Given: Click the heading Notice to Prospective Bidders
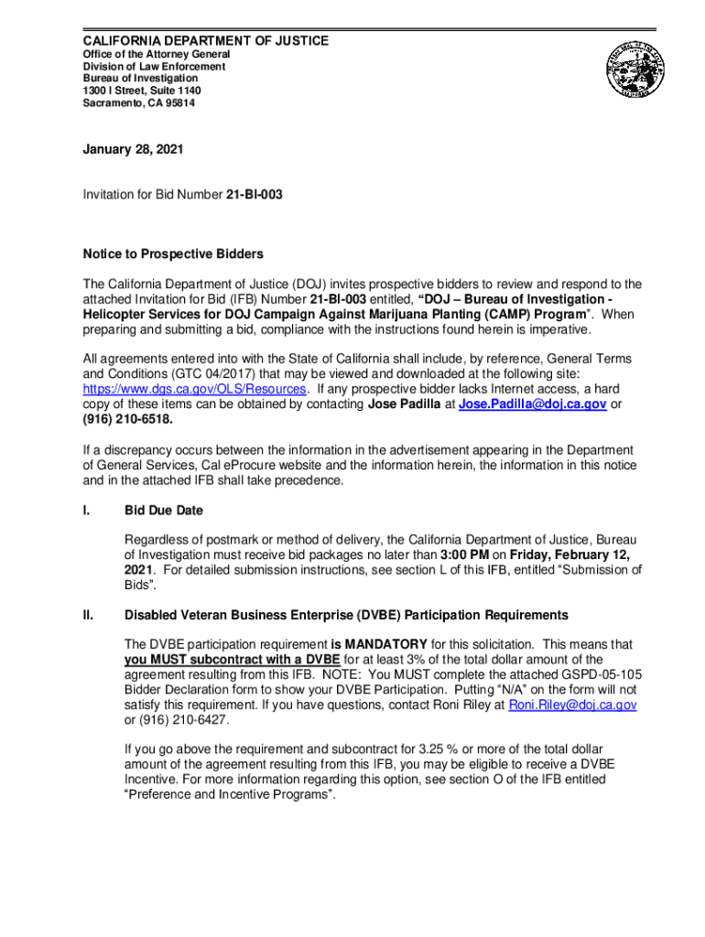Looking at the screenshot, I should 173,253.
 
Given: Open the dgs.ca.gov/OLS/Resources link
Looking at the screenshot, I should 194,389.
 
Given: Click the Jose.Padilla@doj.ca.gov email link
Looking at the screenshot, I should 532,404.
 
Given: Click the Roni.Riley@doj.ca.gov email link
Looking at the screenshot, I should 572,705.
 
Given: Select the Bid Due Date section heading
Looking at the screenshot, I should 164,510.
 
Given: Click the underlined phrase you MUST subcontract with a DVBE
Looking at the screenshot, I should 233,660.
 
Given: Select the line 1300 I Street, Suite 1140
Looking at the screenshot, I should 142,92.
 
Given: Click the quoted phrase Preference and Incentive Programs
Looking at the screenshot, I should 230,794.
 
